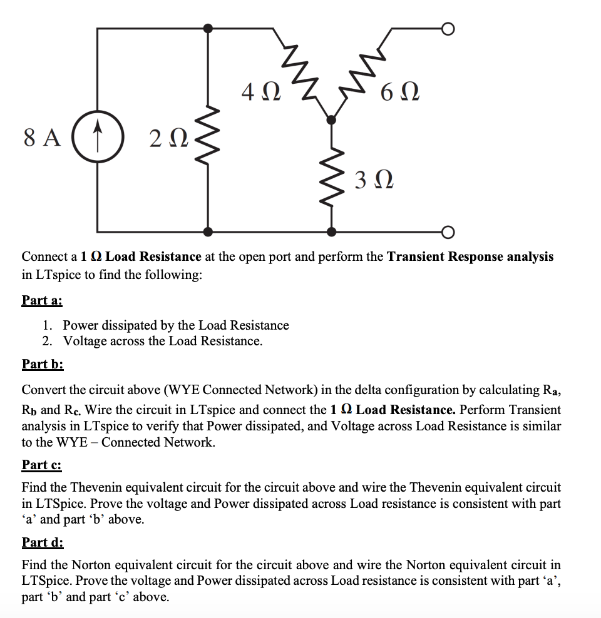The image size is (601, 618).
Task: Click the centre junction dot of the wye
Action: coord(331,118)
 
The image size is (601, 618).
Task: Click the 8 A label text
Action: coord(43,136)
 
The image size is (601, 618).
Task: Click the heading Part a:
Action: coord(42,300)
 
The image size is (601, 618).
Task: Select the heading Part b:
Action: coord(43,364)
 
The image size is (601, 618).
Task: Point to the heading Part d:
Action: coord(43,542)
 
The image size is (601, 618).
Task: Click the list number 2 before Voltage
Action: coord(47,341)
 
